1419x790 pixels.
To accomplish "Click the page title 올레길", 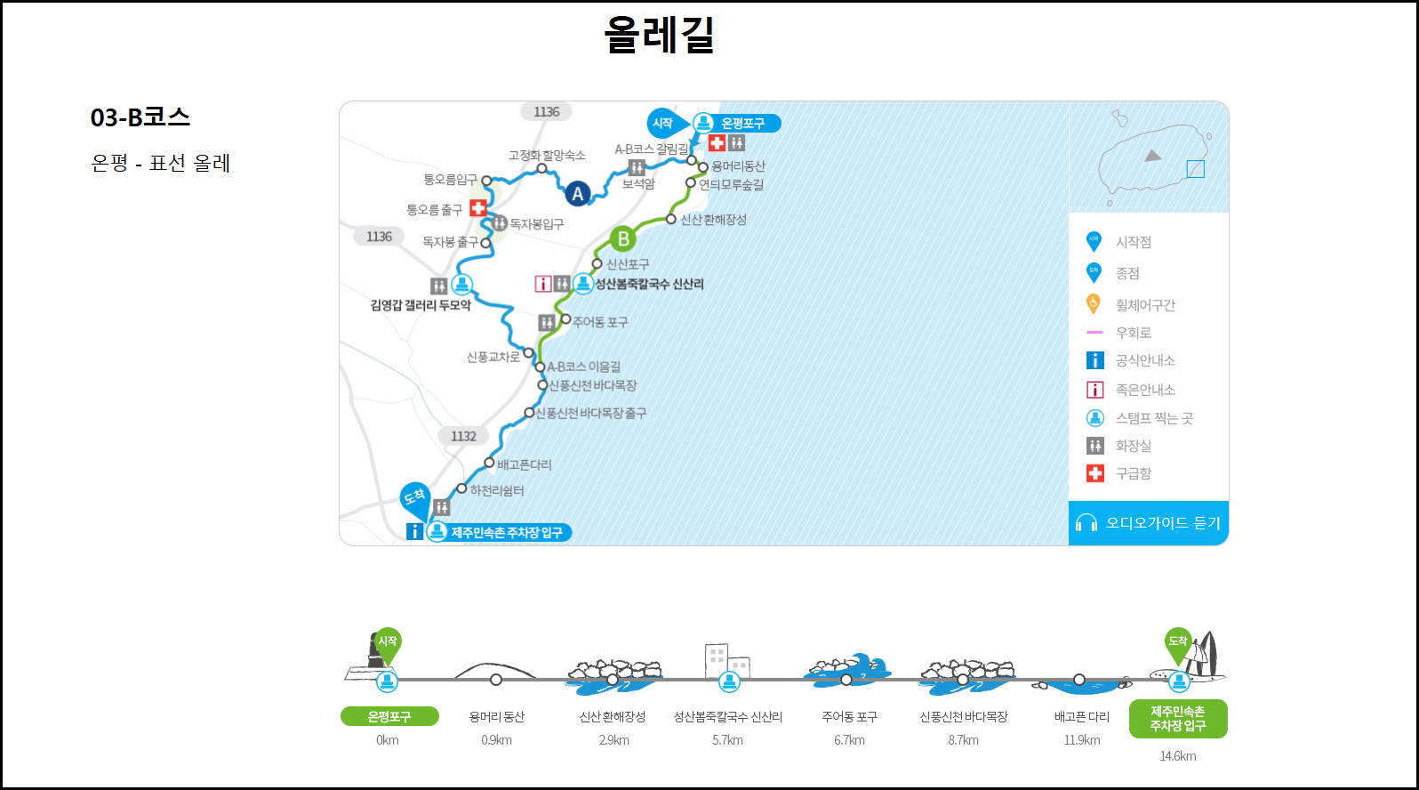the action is pos(659,36).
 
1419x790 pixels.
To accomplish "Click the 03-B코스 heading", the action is pos(140,117).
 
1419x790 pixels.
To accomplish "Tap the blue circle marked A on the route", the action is pos(578,193).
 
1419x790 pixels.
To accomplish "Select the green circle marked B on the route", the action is pos(623,238).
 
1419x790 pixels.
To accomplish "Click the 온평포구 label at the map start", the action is pos(742,124).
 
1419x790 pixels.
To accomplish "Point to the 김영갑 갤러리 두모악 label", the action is pos(421,305).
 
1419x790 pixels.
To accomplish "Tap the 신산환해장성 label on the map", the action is pos(713,220).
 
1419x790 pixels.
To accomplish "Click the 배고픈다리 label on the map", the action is pos(524,464).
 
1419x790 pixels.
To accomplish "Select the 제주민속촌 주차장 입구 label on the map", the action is pos(506,532).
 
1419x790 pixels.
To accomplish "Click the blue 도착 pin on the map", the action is pos(415,497).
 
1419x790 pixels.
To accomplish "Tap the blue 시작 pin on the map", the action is pos(663,124).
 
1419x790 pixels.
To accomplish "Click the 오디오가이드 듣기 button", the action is pos(1149,523).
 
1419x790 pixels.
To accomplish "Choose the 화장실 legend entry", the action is pos(1133,446).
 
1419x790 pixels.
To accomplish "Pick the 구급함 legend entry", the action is pos(1133,473).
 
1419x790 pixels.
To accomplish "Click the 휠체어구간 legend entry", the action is pos(1144,305).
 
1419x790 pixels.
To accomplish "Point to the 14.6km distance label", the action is pos(1177,756).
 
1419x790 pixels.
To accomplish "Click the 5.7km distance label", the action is pos(727,740).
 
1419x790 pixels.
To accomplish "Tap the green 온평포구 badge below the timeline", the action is pos(389,716).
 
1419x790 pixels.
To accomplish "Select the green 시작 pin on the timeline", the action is pos(388,642).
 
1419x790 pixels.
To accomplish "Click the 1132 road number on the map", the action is pos(463,436).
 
